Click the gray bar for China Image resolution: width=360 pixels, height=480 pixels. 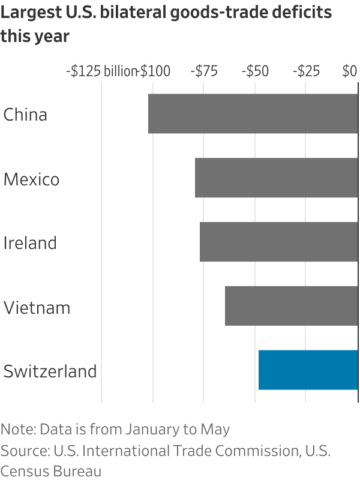click(253, 113)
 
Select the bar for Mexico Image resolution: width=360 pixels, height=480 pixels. click(276, 178)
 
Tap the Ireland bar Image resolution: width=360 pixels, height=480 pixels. click(278, 242)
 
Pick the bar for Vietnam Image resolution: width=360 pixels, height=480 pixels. click(291, 307)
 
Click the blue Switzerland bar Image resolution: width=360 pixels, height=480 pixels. click(308, 370)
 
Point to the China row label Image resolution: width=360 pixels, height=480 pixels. click(25, 114)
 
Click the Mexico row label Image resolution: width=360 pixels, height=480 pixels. click(31, 179)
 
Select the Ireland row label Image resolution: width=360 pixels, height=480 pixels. click(30, 243)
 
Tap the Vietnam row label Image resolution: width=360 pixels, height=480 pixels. click(37, 308)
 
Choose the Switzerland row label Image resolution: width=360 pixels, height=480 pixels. click(50, 371)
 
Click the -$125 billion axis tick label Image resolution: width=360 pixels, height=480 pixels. click(101, 71)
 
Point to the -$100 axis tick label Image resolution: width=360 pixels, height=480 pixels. click(155, 71)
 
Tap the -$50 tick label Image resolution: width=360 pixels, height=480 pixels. click(255, 71)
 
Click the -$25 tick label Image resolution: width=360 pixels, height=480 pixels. click(306, 71)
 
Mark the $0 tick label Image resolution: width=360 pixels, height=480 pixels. click(350, 71)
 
